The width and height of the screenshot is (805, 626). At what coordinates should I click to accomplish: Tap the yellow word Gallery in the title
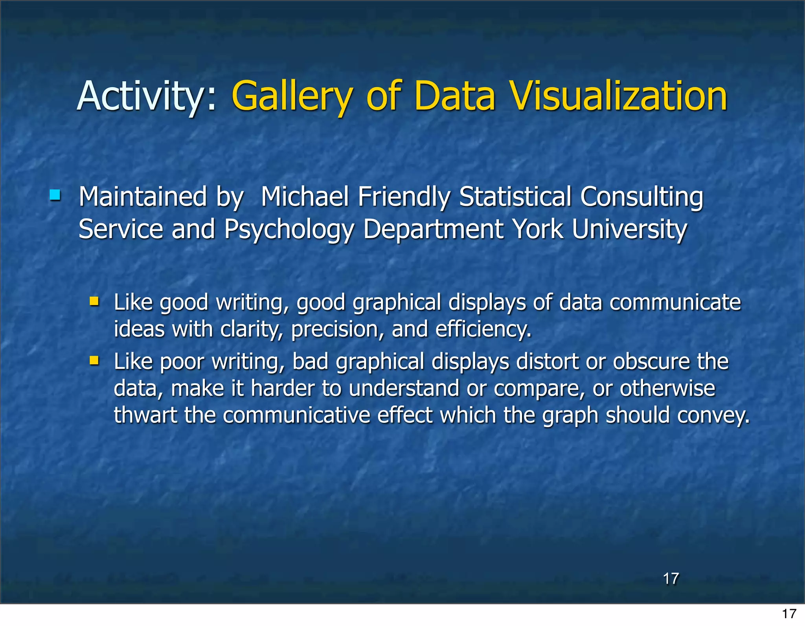pos(291,96)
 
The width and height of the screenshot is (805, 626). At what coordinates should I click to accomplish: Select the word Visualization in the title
pos(619,96)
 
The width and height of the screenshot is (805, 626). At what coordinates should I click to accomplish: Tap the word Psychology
pos(289,229)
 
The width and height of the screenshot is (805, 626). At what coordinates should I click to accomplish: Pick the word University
pos(629,229)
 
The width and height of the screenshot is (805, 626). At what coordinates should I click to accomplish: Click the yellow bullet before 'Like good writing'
pos(94,301)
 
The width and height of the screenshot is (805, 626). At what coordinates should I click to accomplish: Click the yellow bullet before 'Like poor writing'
pos(94,360)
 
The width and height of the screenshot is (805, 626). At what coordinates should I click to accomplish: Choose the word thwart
pos(145,415)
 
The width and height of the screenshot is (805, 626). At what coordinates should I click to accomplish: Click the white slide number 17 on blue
pos(671,579)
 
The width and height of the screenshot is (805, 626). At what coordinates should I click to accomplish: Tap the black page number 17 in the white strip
pos(789,613)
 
